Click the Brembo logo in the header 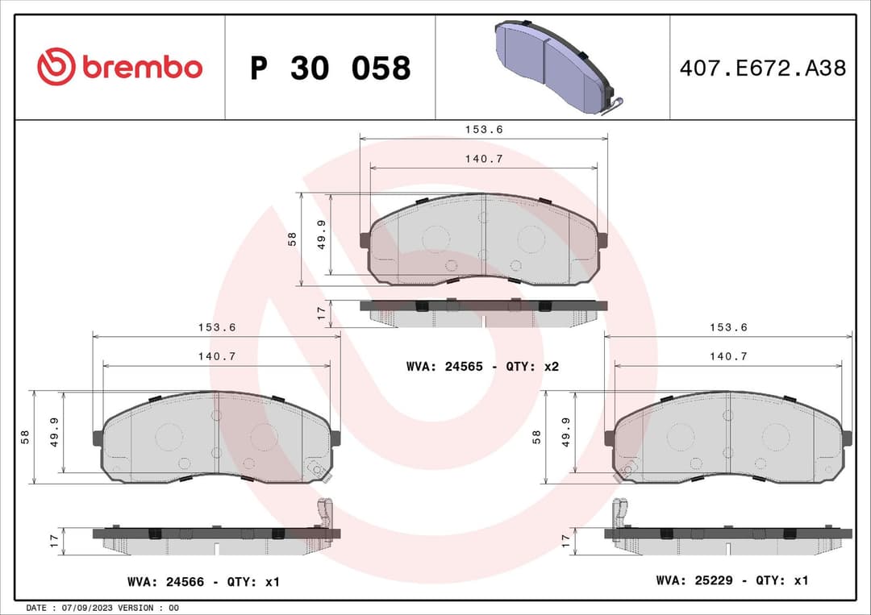[119, 68]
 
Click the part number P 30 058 [330, 69]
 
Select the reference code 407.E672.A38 [762, 69]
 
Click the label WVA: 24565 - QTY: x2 [482, 366]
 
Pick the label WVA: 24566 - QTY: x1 [203, 581]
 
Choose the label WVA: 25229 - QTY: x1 [731, 580]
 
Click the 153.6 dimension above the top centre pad [483, 129]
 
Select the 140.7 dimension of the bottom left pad [215, 355]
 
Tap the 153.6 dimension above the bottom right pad [728, 327]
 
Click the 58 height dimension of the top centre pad [293, 239]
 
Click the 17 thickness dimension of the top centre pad [321, 313]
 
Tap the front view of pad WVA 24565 [483, 239]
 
